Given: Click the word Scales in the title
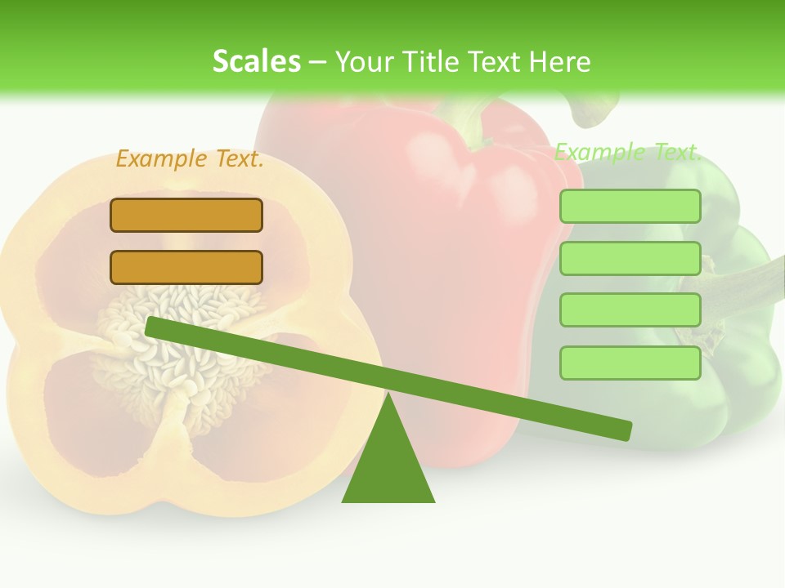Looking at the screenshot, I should pyautogui.click(x=256, y=61).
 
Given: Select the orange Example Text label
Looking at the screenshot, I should pyautogui.click(x=190, y=159).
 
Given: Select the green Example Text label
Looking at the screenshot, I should pyautogui.click(x=628, y=152).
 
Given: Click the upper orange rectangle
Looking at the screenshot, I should pyautogui.click(x=186, y=216).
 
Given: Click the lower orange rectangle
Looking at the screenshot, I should pyautogui.click(x=186, y=267).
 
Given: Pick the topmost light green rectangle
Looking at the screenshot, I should pyautogui.click(x=630, y=207).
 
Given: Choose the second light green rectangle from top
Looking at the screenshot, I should pyautogui.click(x=630, y=259).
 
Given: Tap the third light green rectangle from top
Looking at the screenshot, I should pyautogui.click(x=630, y=310).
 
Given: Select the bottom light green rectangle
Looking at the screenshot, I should pyautogui.click(x=630, y=363).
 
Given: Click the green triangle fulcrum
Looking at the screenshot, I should pyautogui.click(x=388, y=465).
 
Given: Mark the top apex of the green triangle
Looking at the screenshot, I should pyautogui.click(x=389, y=398).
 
